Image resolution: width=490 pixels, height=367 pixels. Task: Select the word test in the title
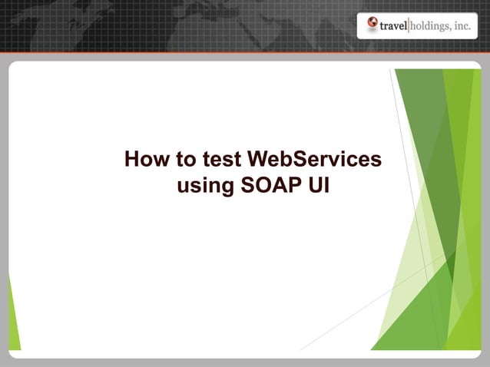220,160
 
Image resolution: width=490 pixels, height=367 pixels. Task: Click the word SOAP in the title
272,186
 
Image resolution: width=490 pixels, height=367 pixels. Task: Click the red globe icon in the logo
372,25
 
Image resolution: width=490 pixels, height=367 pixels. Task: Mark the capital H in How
132,160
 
